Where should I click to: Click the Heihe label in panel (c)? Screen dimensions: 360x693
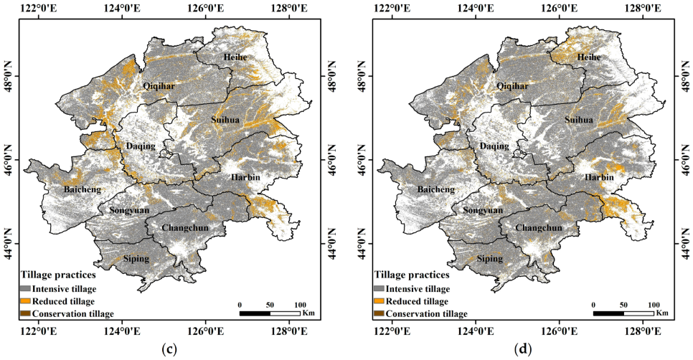click(235, 57)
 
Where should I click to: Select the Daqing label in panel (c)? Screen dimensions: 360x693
click(141, 146)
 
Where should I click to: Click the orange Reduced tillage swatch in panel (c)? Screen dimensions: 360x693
click(27, 301)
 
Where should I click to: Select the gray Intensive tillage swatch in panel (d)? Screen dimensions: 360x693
click(379, 288)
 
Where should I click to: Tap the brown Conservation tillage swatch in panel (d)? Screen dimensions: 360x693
click(379, 313)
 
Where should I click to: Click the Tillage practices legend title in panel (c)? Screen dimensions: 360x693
click(57, 275)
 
